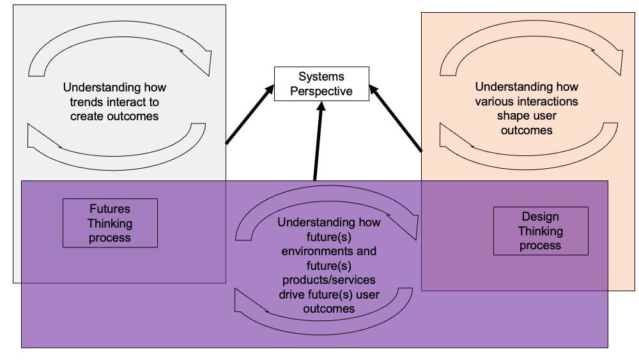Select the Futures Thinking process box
tap(110, 223)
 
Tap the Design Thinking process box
tap(541, 230)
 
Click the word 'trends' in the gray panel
tap(84, 102)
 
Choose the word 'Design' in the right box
tap(541, 216)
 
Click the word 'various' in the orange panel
tap(496, 102)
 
